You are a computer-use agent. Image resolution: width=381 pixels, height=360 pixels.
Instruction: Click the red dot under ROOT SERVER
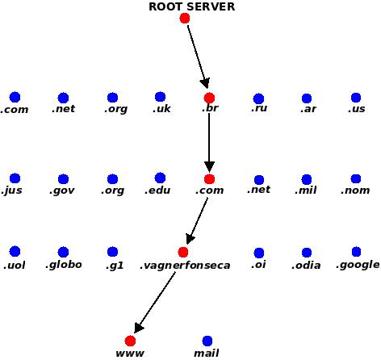click(185, 19)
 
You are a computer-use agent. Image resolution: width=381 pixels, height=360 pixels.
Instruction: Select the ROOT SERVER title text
click(192, 6)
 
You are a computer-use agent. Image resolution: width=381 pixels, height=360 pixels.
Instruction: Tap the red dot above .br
click(209, 98)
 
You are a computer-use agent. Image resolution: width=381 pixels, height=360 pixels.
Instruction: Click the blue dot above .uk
click(160, 97)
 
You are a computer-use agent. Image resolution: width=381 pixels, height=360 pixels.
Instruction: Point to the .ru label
click(259, 108)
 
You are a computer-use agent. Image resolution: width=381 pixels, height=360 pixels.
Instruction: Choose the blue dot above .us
click(356, 98)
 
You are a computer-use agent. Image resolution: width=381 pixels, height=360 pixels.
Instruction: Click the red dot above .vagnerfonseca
click(183, 252)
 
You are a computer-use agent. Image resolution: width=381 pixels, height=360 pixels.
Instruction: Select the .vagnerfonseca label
click(185, 266)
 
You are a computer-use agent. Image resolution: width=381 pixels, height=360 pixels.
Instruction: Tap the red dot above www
click(130, 341)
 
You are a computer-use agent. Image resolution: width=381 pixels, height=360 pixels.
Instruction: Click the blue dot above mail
click(207, 341)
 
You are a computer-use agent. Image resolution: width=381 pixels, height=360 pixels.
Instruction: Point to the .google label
click(358, 265)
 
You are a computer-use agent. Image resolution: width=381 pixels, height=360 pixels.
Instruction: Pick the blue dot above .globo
click(63, 252)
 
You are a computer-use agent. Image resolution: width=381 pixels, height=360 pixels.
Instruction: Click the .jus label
click(11, 190)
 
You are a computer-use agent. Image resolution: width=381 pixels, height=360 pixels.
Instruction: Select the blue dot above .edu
click(160, 178)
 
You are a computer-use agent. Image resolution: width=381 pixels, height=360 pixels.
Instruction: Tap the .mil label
click(306, 190)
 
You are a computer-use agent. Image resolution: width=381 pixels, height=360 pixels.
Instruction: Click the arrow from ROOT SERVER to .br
click(198, 57)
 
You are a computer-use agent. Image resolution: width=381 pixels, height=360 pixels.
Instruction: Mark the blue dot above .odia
click(307, 253)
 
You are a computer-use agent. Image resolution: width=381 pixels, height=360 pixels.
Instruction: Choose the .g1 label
click(115, 266)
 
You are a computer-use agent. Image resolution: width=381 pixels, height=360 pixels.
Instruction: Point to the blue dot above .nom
click(356, 178)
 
